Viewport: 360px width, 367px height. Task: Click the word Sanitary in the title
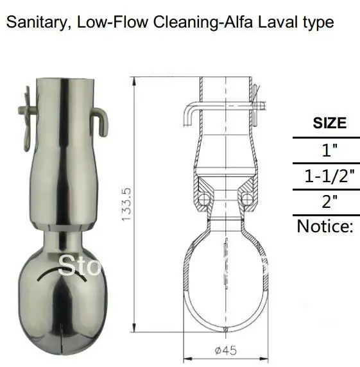[36, 23]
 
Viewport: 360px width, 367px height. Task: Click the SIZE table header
[329, 123]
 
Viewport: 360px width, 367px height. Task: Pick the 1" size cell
[329, 151]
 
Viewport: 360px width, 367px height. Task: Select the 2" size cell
[329, 202]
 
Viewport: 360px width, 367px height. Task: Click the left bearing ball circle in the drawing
[203, 200]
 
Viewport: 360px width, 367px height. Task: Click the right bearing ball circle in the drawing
[247, 200]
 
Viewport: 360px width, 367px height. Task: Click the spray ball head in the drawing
[225, 276]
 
